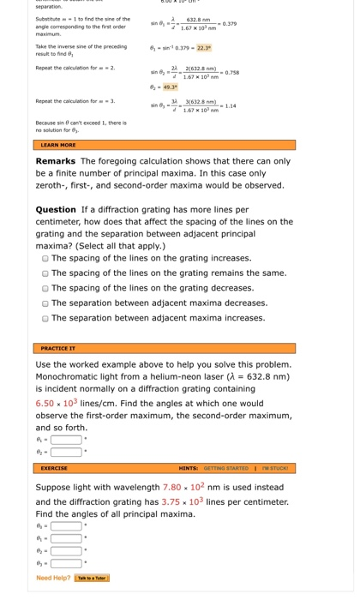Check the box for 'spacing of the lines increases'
(x=45, y=258)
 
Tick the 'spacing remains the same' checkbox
(x=45, y=273)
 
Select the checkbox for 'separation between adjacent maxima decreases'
(x=45, y=303)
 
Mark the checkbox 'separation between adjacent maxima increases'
(x=45, y=318)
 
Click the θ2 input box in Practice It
(x=66, y=452)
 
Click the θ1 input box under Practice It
(x=66, y=440)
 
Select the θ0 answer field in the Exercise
(x=66, y=526)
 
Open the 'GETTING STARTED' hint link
(x=225, y=468)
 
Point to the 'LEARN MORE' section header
(x=58, y=146)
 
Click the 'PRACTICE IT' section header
(x=59, y=349)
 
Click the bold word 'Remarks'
(x=57, y=161)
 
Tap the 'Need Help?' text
(x=53, y=578)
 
